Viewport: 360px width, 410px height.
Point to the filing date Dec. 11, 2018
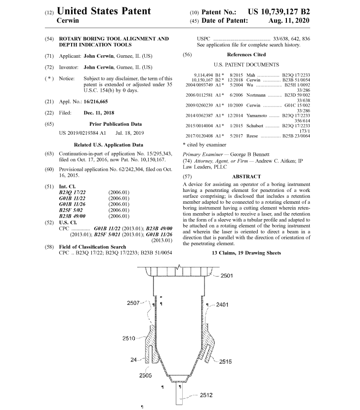point(100,112)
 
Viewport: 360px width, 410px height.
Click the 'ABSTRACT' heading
point(246,176)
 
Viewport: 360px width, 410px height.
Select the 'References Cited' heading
point(246,54)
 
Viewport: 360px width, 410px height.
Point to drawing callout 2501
point(227,276)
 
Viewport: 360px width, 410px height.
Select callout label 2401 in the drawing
point(222,305)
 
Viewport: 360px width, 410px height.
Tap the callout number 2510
point(129,338)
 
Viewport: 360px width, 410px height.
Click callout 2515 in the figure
point(226,362)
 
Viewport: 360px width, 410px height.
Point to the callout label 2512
point(206,395)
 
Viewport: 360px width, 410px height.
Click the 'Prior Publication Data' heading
point(115,124)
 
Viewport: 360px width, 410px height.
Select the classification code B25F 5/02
point(72,209)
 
